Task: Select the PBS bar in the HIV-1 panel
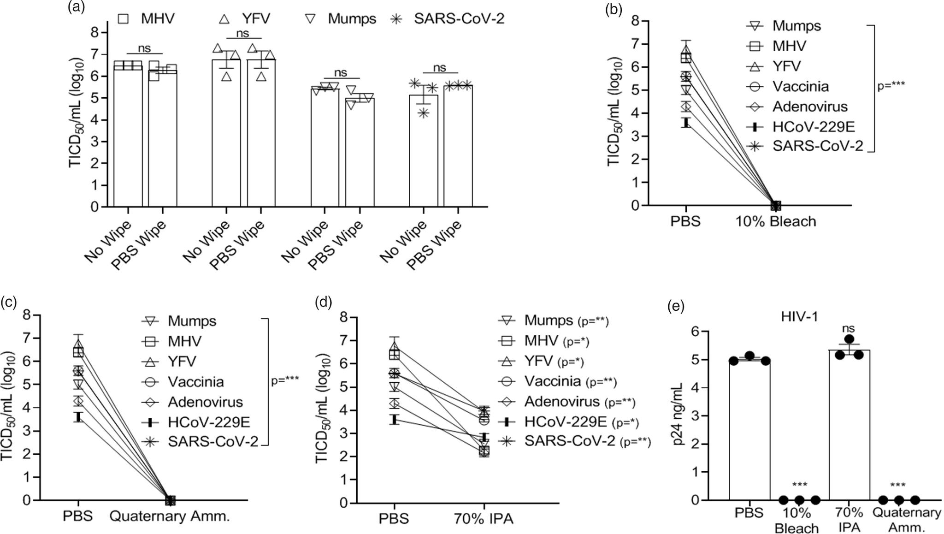click(x=749, y=429)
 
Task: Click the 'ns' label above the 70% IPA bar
click(x=849, y=328)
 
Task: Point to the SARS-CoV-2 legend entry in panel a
click(x=447, y=19)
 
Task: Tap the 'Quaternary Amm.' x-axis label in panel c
click(x=169, y=516)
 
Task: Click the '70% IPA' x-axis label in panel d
click(x=483, y=519)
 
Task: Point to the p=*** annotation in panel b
click(x=891, y=86)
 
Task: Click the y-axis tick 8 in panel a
click(x=94, y=32)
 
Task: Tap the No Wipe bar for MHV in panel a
click(x=128, y=138)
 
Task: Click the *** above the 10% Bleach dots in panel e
click(x=799, y=485)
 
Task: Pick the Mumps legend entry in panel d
click(x=549, y=320)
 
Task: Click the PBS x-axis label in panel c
click(x=78, y=516)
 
